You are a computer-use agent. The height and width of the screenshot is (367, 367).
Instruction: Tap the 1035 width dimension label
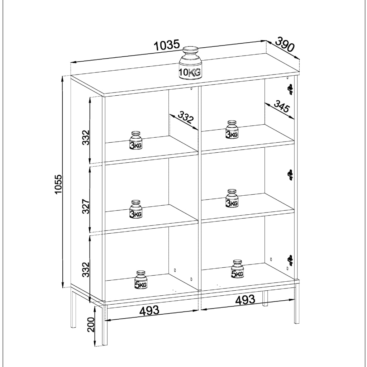coord(167,46)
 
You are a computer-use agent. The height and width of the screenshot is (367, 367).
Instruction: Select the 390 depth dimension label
coord(284,44)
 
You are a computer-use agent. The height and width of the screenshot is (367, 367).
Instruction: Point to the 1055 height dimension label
coord(58,184)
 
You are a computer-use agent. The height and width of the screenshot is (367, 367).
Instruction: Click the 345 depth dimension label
coord(282,106)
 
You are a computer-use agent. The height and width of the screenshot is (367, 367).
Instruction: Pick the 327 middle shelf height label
coord(86,206)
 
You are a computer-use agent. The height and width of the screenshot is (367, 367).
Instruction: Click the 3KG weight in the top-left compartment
coord(136,140)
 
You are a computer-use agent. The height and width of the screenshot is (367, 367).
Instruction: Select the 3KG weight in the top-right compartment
coord(232,129)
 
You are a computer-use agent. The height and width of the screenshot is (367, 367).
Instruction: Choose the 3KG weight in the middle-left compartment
coord(136,209)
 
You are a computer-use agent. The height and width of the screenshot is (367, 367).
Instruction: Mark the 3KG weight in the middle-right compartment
coord(232,198)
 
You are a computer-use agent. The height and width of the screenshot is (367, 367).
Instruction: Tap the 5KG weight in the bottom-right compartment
coord(237,269)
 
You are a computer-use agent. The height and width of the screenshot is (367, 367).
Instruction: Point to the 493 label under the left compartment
coord(149,310)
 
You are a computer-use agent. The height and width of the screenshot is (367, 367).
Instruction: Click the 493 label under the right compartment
coord(245,300)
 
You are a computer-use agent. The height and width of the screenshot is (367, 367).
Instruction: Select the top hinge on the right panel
coord(290,89)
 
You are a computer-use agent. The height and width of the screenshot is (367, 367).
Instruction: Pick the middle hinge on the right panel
coord(290,175)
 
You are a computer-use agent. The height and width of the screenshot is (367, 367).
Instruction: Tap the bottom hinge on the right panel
coord(290,260)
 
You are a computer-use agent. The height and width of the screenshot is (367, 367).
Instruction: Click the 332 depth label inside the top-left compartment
coord(186,117)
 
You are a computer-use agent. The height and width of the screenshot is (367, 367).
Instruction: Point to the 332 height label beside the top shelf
coord(86,138)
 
